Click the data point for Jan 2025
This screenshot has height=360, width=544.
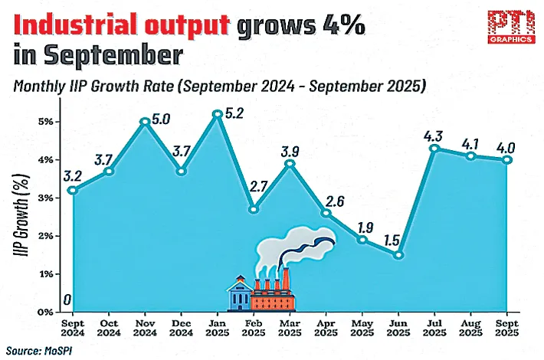218,114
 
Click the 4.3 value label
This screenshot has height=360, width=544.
434,136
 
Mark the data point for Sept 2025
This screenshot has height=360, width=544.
506,159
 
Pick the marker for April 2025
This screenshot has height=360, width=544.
326,213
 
